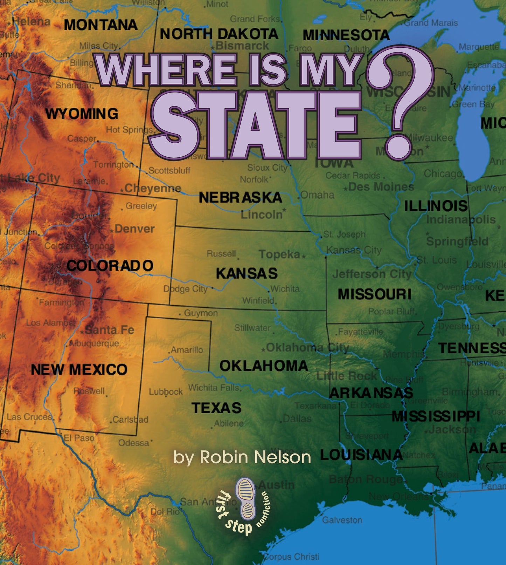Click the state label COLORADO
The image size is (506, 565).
110,265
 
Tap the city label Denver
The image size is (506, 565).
134,229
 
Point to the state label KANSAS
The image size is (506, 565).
247,273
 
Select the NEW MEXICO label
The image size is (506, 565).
79,369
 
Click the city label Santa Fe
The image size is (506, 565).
110,330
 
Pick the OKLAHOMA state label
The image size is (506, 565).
264,366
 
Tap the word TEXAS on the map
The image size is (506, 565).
216,408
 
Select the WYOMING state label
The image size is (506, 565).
82,114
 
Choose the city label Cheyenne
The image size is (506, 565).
153,188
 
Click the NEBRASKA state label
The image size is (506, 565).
241,198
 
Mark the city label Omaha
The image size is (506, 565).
318,195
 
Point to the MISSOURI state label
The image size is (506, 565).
374,294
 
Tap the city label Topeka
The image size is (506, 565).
279,254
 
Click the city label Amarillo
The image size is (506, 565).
187,350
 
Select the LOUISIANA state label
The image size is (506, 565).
361,455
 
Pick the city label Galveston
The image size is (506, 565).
342,520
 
